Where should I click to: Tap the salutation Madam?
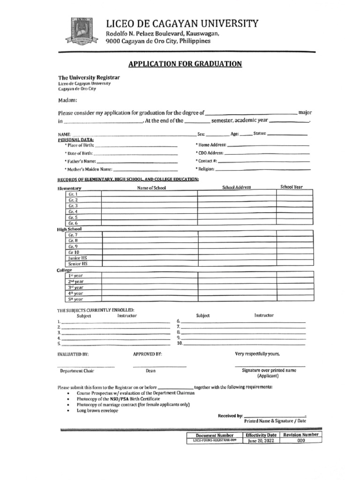pyautogui.click(x=67, y=100)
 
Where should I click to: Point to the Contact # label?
pyautogui.click(x=206, y=161)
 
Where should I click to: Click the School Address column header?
pyautogui.click(x=236, y=187)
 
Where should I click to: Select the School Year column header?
pyautogui.click(x=291, y=187)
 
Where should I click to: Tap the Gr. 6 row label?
pyautogui.click(x=73, y=224)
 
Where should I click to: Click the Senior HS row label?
pyautogui.click(x=78, y=264)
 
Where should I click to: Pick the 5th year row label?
pyautogui.click(x=75, y=299)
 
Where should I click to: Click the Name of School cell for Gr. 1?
pyautogui.click(x=150, y=194)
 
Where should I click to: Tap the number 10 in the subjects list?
pyautogui.click(x=179, y=344)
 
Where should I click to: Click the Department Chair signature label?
pyautogui.click(x=77, y=371)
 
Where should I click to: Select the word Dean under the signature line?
pyautogui.click(x=150, y=371)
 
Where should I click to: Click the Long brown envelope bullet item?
pyautogui.click(x=97, y=411)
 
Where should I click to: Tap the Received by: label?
pyautogui.click(x=230, y=416)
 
